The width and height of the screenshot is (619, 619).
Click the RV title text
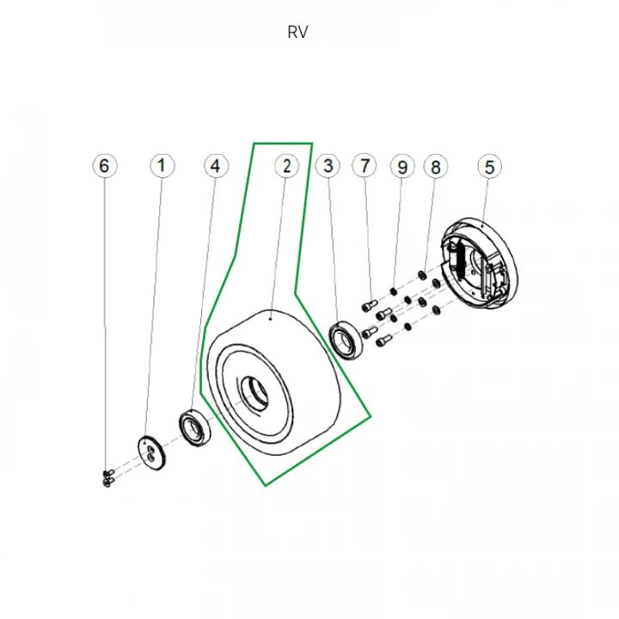tap(298, 33)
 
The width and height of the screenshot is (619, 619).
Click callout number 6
tap(105, 165)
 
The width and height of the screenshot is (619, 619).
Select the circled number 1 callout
tap(161, 165)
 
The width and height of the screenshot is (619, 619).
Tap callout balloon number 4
tap(216, 165)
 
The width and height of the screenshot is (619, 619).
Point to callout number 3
tap(327, 165)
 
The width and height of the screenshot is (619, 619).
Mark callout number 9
tap(401, 165)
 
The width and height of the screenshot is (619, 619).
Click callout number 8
tap(436, 165)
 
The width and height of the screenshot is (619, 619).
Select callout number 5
tap(489, 165)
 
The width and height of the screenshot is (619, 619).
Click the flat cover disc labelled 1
tap(151, 452)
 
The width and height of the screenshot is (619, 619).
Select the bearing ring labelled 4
tap(195, 426)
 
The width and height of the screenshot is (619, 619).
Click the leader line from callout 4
tap(206, 292)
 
